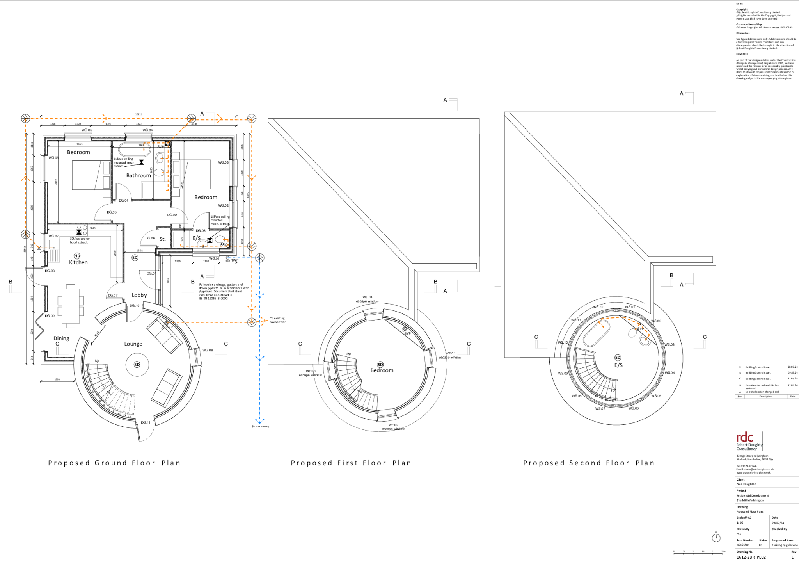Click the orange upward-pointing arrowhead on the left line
[x=26, y=178]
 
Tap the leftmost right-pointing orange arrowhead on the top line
[x=105, y=118]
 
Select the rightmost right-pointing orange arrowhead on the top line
[x=220, y=119]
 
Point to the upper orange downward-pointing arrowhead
[x=252, y=178]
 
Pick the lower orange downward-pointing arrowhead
[x=252, y=308]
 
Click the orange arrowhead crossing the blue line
[x=264, y=321]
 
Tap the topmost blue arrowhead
[x=260, y=296]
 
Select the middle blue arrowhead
[x=260, y=358]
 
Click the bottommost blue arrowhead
[x=260, y=421]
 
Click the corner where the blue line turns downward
[x=260, y=258]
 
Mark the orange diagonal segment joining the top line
[x=180, y=131]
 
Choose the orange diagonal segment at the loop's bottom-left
[x=32, y=241]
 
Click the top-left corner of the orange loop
[x=26, y=119]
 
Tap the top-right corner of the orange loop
[x=252, y=120]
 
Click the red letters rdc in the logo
[x=745, y=437]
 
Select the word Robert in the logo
[x=741, y=445]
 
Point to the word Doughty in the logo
[x=755, y=445]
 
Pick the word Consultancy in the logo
[x=746, y=449]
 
